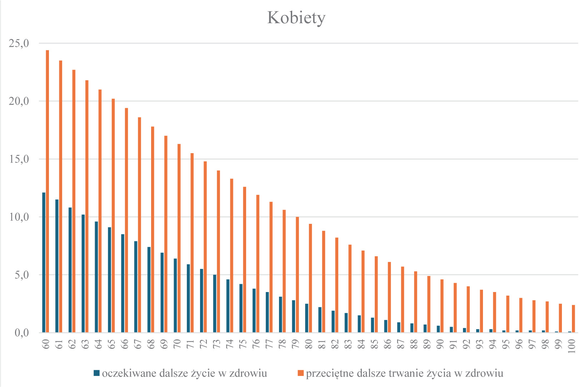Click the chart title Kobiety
coord(296,18)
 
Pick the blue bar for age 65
coord(109,280)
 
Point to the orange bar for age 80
coord(310,278)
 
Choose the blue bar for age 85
coord(373,325)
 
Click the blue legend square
coord(96,373)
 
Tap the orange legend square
coord(300,373)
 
